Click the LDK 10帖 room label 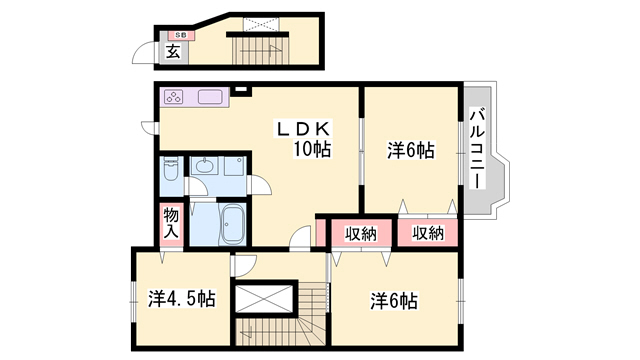(304, 139)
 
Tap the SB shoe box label (181, 35)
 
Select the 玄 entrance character (173, 52)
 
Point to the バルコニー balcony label (477, 148)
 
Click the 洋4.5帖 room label (182, 299)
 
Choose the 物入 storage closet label (171, 223)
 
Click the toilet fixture (171, 170)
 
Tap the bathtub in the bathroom (232, 225)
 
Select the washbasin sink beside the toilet (204, 166)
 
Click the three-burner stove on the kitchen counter (173, 97)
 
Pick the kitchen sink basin (211, 97)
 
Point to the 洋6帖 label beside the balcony (411, 151)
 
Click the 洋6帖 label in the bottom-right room (394, 301)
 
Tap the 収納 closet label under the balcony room (428, 233)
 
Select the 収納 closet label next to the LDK (361, 234)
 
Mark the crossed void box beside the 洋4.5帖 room (264, 299)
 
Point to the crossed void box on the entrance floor (261, 24)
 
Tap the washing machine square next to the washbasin (234, 166)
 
